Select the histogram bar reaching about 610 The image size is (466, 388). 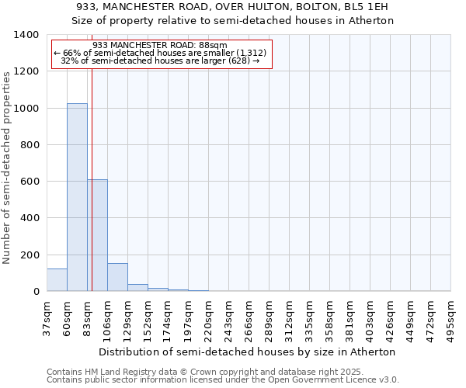coord(97,235)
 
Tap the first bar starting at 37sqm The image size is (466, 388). coord(57,280)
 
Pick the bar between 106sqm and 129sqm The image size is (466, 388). coord(117,278)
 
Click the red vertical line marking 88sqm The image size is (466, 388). coord(92,194)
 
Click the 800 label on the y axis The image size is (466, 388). coord(30,145)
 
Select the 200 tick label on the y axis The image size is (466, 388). coord(30,255)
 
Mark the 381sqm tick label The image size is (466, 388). coord(349,318)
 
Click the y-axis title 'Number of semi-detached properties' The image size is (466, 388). coord(8,168)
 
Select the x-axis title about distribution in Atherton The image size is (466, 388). coord(248,352)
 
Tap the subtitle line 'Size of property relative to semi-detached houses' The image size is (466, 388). coord(233,21)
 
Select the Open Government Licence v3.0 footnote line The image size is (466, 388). coord(223,380)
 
